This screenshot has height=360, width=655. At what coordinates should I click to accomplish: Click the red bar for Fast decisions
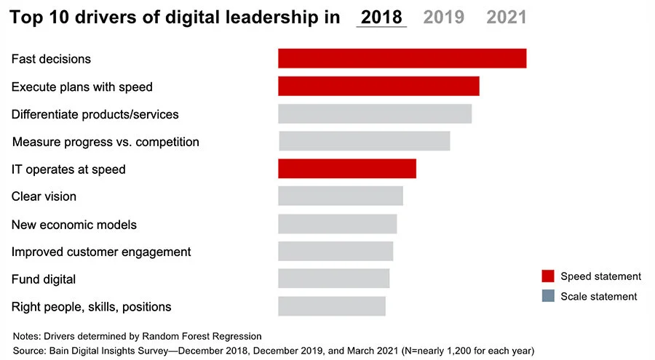[402, 58]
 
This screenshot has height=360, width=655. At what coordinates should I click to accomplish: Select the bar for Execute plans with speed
[378, 86]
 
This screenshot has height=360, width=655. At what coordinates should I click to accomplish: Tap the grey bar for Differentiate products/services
[375, 113]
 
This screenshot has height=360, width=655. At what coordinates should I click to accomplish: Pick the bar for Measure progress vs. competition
[364, 141]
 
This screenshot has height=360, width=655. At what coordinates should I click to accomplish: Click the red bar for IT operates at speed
[347, 169]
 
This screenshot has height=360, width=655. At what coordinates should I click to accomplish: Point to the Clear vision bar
[341, 196]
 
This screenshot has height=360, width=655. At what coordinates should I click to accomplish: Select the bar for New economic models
[338, 224]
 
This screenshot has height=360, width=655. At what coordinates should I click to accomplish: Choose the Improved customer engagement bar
[336, 251]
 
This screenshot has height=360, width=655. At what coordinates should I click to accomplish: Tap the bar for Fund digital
[334, 279]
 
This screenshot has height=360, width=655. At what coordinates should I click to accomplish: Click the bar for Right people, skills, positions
[332, 306]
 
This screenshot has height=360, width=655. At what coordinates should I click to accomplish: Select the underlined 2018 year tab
[381, 17]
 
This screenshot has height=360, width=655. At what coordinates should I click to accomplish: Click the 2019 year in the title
[444, 17]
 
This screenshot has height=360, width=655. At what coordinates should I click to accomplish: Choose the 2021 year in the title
[507, 17]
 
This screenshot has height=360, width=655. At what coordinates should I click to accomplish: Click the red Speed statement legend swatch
[547, 276]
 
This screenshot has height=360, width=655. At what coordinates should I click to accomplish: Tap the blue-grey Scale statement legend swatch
[547, 296]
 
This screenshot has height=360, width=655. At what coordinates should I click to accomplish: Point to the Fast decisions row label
[51, 59]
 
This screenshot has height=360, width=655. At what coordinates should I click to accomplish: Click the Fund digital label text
[44, 279]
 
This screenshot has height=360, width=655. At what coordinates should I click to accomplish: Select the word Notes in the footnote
[27, 336]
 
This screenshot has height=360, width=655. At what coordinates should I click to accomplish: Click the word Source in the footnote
[30, 351]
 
